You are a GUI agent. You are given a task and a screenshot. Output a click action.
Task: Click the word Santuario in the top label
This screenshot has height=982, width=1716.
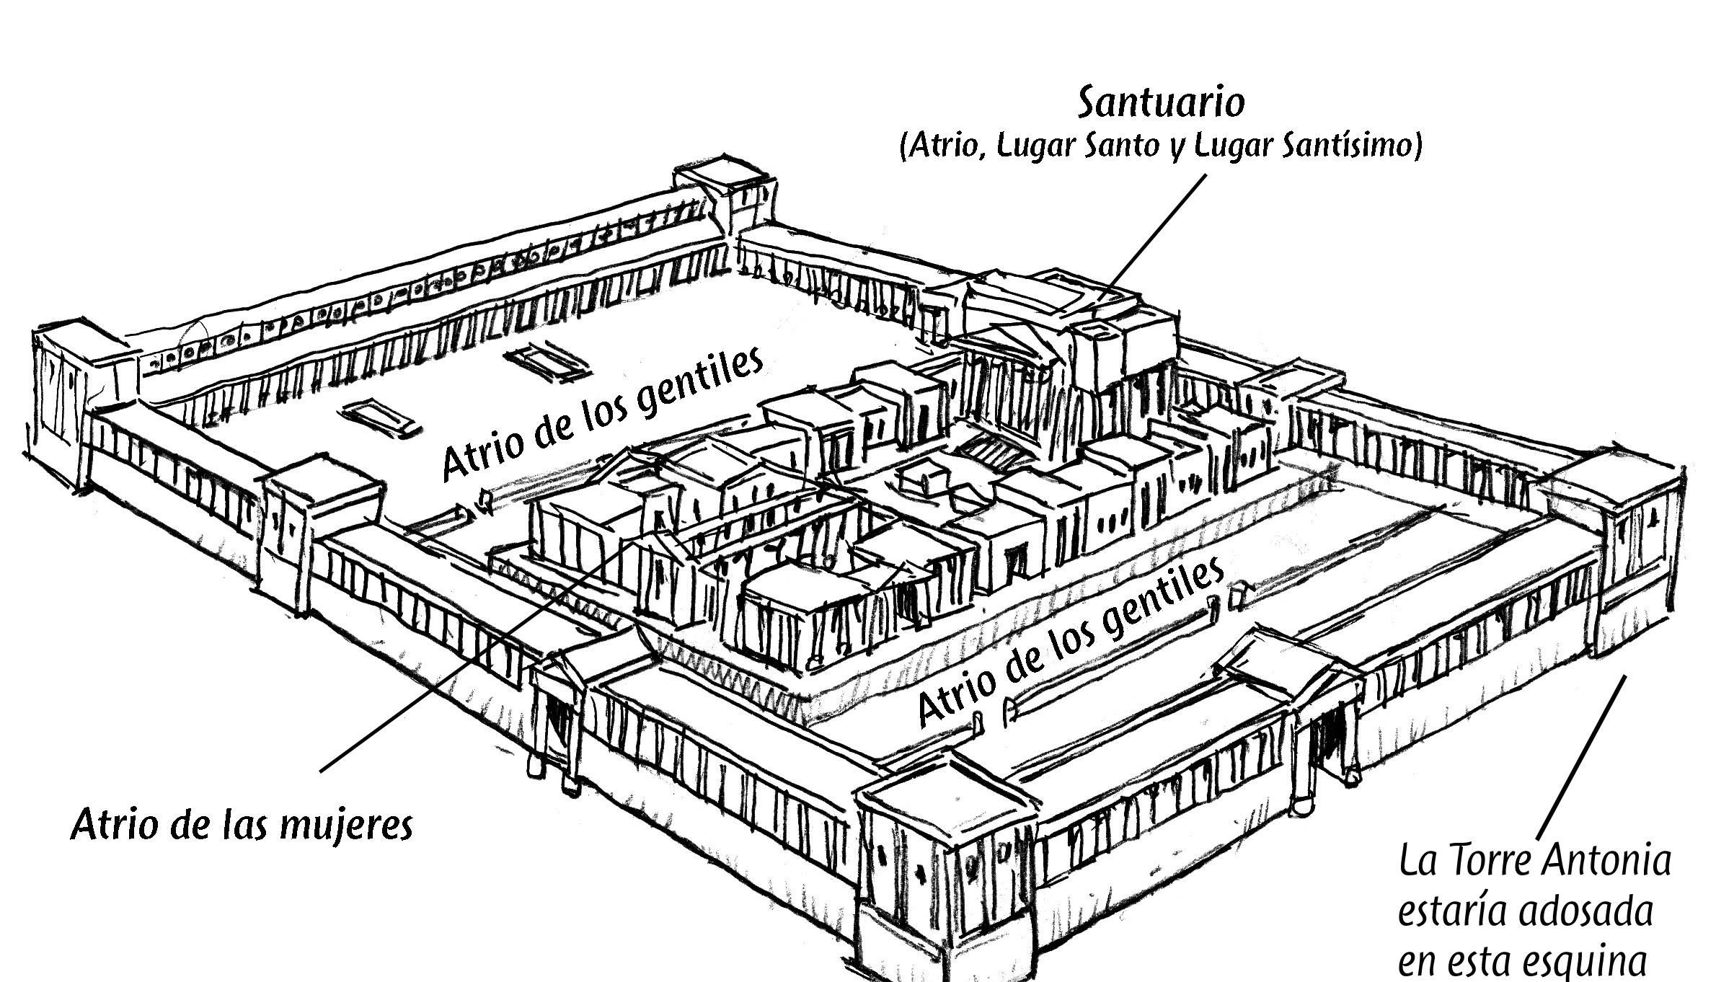(1160, 103)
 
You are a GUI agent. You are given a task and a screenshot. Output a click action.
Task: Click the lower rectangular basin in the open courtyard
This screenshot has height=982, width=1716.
(382, 417)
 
